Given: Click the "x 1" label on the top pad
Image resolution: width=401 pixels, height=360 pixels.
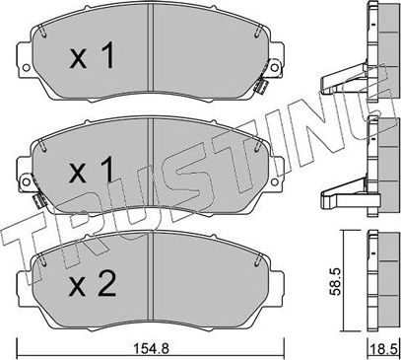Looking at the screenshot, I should [x=95, y=57].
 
